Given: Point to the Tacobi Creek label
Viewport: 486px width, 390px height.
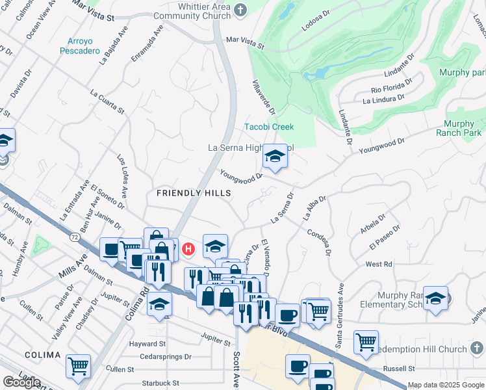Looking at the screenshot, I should click(x=269, y=127).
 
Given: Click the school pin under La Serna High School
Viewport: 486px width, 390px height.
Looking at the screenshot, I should click(x=274, y=157).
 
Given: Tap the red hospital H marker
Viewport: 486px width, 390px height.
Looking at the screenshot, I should click(x=188, y=248).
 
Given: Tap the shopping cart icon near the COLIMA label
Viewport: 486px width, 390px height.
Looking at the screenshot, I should click(x=78, y=367).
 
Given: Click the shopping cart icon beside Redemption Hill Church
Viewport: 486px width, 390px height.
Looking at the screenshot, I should click(x=366, y=341).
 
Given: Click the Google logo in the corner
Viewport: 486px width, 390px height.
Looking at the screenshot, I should click(x=21, y=382).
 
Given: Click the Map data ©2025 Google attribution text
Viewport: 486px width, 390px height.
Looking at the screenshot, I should click(x=446, y=385).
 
